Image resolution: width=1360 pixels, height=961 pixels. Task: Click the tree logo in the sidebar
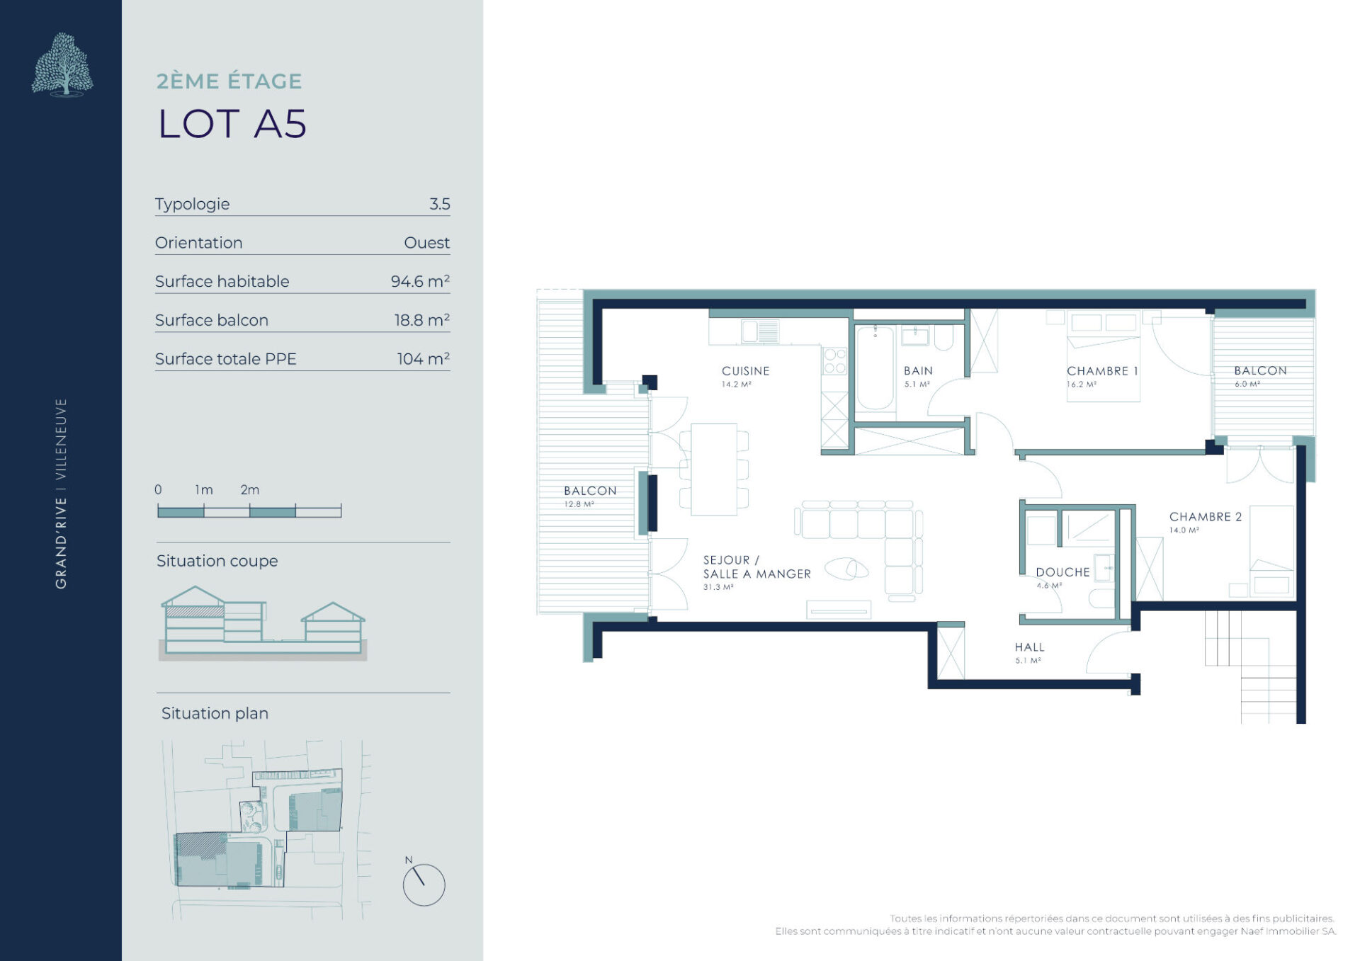coord(62,64)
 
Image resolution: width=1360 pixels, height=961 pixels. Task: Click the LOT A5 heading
coord(232,124)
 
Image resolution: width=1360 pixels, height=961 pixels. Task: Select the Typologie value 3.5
coord(439,204)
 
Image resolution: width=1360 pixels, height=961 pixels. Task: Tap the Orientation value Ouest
coord(426,243)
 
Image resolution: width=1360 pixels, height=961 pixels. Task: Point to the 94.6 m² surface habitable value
coord(420,281)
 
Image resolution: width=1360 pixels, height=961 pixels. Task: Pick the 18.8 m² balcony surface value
coord(422,320)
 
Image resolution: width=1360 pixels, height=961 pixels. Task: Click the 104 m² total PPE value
coord(423,358)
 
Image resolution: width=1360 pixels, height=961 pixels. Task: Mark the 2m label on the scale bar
coord(250,489)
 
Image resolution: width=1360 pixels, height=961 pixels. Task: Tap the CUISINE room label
coord(745,370)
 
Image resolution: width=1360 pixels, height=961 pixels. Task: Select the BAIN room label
coord(918,370)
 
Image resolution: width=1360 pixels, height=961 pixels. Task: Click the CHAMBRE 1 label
coord(1102,370)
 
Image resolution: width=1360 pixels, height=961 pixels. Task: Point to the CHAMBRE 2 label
coord(1206,516)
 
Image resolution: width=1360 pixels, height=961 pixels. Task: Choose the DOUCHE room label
coord(1062,572)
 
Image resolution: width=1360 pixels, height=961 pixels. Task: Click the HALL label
coord(1029,647)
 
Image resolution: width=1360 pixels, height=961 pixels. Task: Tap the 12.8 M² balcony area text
coord(579,504)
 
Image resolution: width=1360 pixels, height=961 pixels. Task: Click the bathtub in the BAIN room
coord(875,368)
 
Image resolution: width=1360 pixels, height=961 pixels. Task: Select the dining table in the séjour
coord(714,469)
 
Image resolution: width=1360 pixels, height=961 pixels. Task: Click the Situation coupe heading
coord(217,561)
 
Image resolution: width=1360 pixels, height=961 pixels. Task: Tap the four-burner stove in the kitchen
coord(835,360)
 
